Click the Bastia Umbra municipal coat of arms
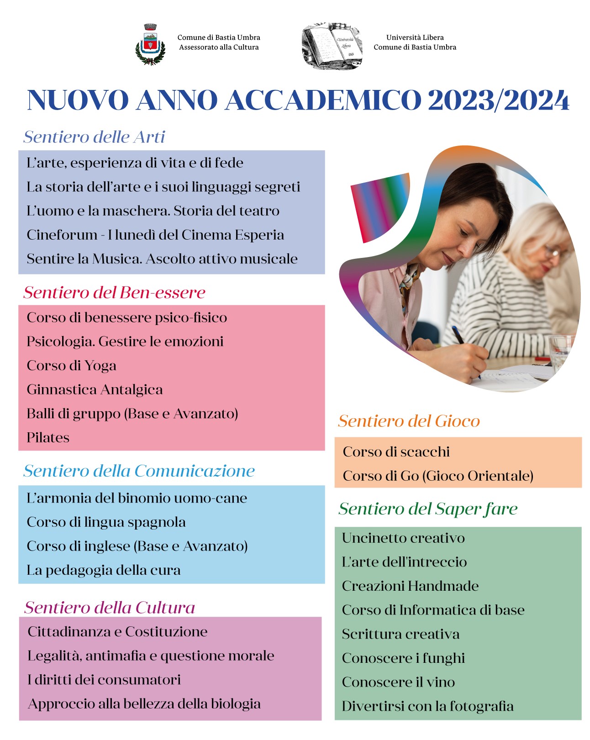[150, 44]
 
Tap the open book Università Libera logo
[332, 46]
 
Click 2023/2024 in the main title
[498, 100]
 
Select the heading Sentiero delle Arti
[94, 137]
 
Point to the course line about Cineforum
[155, 235]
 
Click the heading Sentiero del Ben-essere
[114, 293]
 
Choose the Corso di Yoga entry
[71, 366]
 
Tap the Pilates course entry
[48, 438]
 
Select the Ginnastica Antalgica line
[95, 390]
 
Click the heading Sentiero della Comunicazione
[139, 471]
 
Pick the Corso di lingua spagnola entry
[106, 522]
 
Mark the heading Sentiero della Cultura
[110, 608]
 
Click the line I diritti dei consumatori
[104, 680]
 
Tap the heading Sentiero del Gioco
[409, 421]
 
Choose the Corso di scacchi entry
[396, 452]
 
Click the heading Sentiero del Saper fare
[428, 509]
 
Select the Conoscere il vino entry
[398, 682]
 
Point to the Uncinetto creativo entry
[403, 538]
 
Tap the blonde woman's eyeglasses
[553, 252]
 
